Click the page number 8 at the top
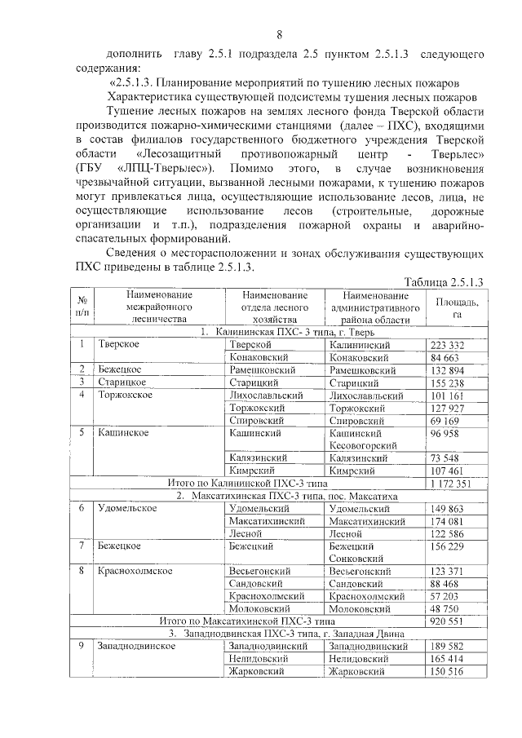click(x=280, y=34)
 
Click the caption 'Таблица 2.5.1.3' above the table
click(x=443, y=281)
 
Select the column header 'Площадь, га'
click(x=457, y=307)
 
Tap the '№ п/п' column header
click(x=82, y=307)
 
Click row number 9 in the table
click(x=82, y=646)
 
